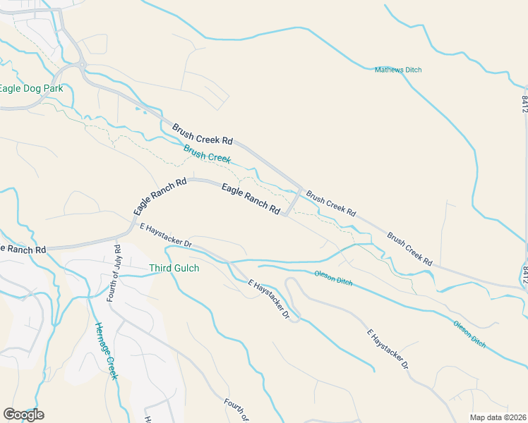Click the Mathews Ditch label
(x=397, y=69)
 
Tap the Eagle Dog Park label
(x=31, y=89)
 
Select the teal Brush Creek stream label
(x=207, y=154)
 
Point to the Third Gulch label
(x=174, y=269)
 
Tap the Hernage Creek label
(x=106, y=350)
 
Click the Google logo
(x=23, y=415)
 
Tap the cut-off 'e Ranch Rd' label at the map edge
(x=23, y=250)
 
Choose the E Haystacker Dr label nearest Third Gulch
(x=167, y=235)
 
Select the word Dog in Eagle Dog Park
(x=33, y=89)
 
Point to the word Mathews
(x=388, y=69)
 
